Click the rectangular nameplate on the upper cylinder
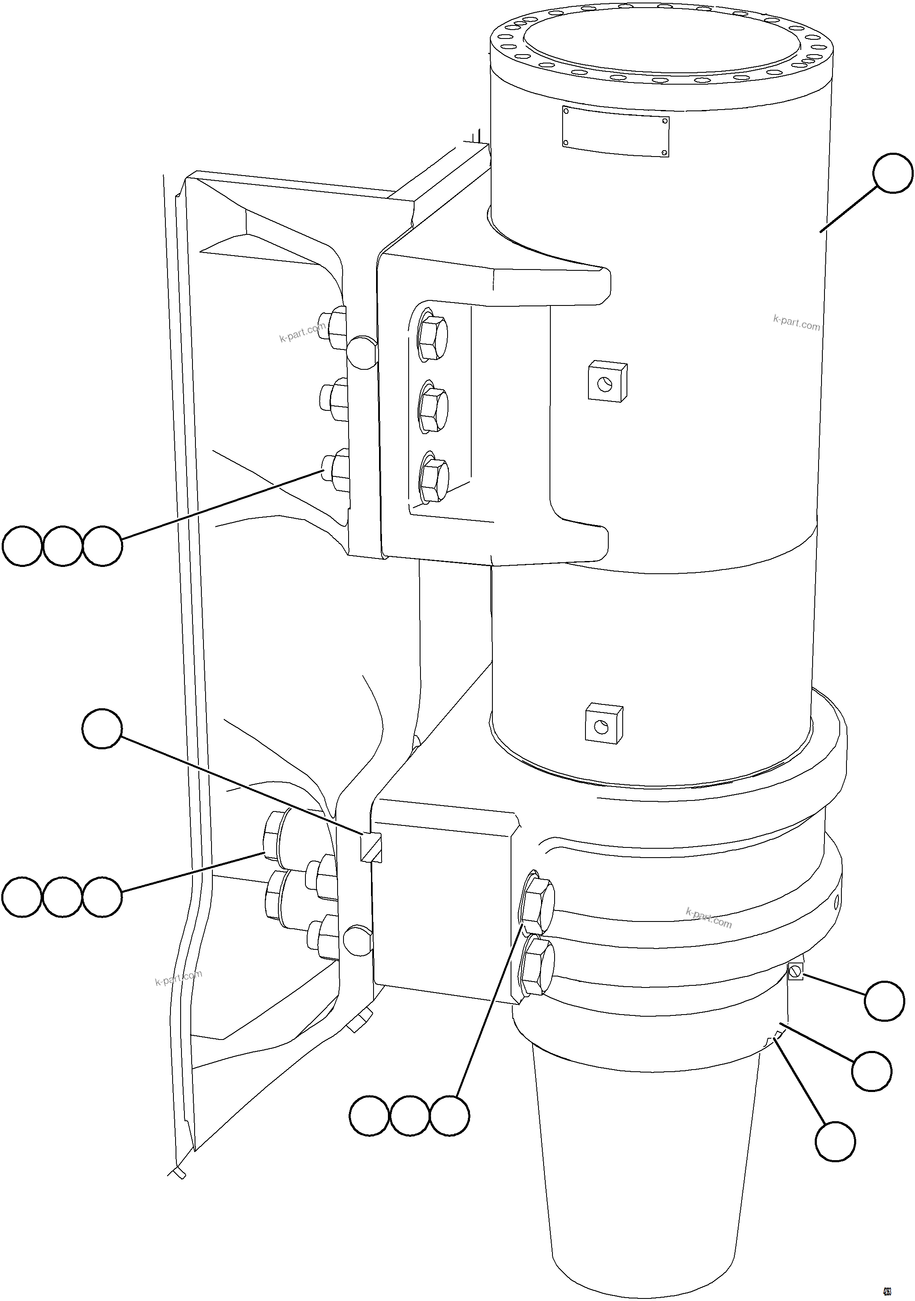pyautogui.click(x=615, y=131)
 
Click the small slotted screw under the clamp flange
pyautogui.click(x=795, y=972)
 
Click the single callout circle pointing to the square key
pyautogui.click(x=102, y=730)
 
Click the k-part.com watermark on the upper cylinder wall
pyautogui.click(x=796, y=323)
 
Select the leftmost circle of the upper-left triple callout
pyautogui.click(x=23, y=546)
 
